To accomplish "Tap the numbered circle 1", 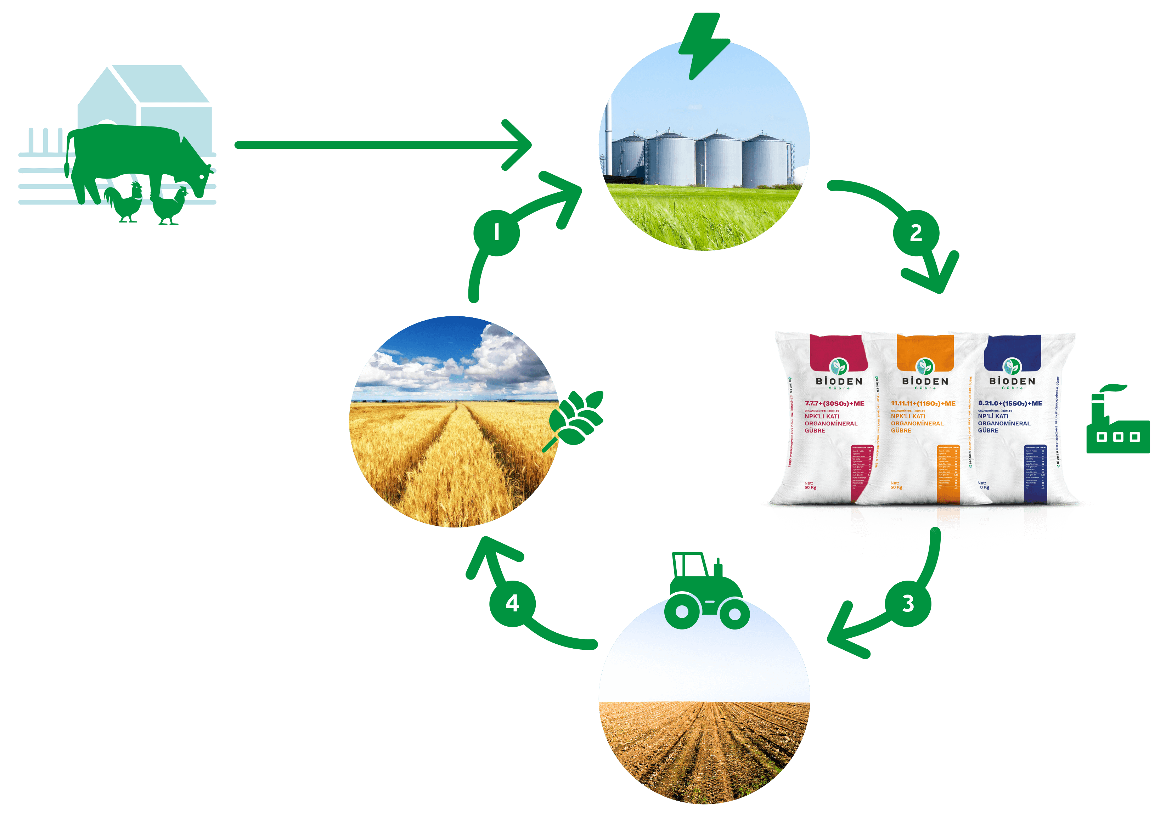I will click(496, 233).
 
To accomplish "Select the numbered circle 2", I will click(916, 233).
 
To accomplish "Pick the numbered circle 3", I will click(907, 603).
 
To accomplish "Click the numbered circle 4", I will click(512, 603).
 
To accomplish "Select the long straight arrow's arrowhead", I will click(518, 145).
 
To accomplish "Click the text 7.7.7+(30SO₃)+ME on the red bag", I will click(834, 403).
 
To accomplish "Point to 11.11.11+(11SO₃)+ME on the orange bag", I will click(923, 403).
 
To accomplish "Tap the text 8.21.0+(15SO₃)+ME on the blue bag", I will click(1010, 403).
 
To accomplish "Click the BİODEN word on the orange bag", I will click(925, 381).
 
